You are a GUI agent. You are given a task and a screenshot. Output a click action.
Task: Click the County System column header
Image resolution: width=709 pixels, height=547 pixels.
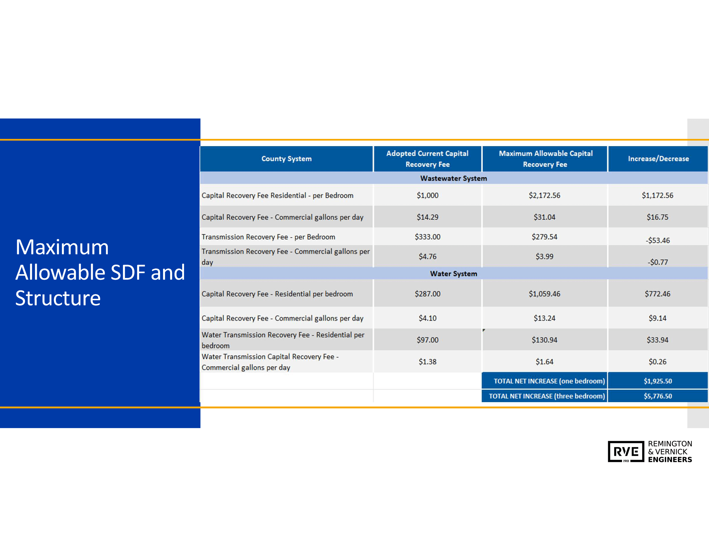[x=286, y=159]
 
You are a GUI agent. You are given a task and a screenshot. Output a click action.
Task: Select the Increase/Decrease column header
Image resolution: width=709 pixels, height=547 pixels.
[x=658, y=159]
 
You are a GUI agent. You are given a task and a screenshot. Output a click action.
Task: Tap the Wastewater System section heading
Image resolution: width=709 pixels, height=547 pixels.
[x=453, y=178]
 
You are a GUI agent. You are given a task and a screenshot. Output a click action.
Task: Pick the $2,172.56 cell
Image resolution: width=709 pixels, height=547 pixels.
[x=544, y=195]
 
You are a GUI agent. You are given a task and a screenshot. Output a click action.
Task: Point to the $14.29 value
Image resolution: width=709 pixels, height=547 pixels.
[x=427, y=217]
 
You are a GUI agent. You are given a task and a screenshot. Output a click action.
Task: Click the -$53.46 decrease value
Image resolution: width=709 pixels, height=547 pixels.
[x=657, y=240]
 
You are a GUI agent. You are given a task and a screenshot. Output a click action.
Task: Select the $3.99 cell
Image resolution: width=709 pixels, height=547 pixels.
[x=544, y=256]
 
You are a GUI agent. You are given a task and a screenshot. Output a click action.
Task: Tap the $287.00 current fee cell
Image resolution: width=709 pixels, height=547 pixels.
[x=427, y=294]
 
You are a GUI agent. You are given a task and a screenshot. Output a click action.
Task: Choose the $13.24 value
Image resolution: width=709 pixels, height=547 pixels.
[x=544, y=318]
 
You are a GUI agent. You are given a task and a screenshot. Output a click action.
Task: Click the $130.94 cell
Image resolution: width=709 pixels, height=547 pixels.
[x=544, y=340]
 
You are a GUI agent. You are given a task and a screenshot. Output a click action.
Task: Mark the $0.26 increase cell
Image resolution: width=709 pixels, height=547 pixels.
[x=657, y=361]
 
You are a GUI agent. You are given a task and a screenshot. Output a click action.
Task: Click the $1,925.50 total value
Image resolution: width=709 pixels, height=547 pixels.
[x=658, y=381]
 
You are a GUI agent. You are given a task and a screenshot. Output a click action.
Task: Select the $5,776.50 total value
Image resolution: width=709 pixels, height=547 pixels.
[x=658, y=396]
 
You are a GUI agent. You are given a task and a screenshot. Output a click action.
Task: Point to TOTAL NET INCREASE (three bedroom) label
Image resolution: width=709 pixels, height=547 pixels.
[x=547, y=396]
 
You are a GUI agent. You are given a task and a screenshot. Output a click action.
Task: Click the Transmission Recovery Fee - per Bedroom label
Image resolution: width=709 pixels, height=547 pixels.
[x=268, y=237]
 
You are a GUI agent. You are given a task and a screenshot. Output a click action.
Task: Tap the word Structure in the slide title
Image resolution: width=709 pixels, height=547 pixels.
[x=58, y=298]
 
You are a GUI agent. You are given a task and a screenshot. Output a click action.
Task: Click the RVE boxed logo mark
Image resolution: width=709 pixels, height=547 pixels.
[x=626, y=451]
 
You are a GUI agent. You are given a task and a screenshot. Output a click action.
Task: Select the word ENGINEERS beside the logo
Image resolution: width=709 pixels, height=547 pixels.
[x=670, y=460]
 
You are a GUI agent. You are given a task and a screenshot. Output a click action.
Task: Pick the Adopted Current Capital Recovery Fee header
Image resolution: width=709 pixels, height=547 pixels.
[x=427, y=159]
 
